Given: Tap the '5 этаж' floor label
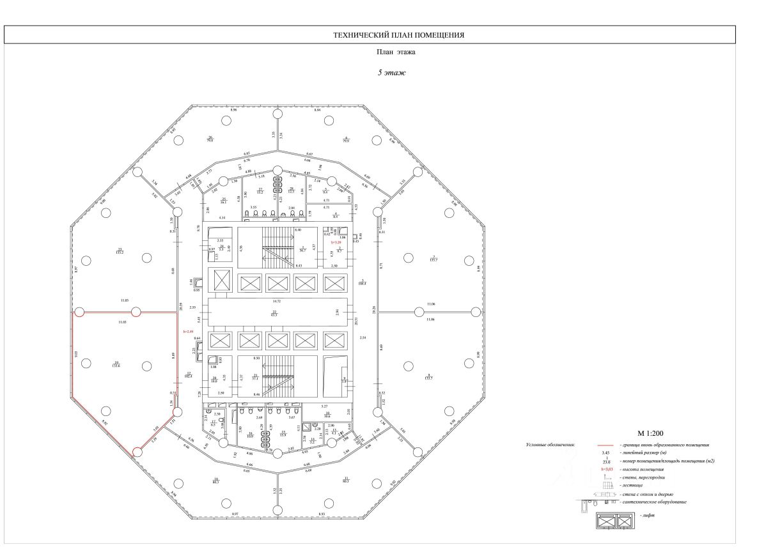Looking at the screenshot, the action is click(x=391, y=73).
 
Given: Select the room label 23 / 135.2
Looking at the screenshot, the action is click(x=119, y=251).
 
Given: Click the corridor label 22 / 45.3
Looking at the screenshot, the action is click(x=274, y=313).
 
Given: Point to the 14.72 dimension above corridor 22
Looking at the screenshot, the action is click(x=277, y=300).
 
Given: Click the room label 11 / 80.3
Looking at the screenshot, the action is click(x=346, y=480).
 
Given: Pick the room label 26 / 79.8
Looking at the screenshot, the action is click(x=210, y=139).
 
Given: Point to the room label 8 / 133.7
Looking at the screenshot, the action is click(x=429, y=377).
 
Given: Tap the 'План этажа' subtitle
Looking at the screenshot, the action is click(x=391, y=53).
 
